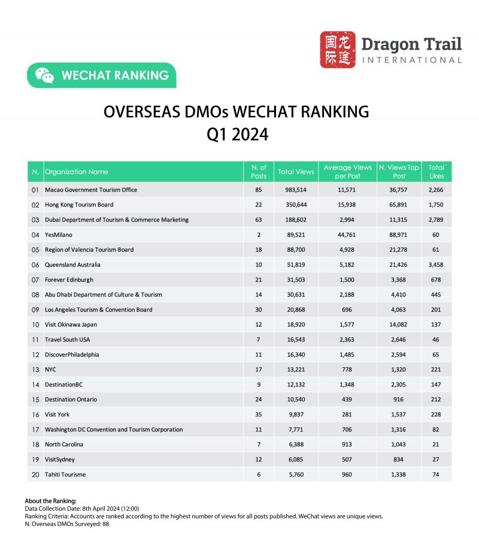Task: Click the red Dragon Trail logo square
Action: click(x=338, y=50)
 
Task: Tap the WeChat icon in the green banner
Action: click(x=44, y=75)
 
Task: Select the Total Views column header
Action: click(x=296, y=172)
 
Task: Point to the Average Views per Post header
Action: click(x=347, y=172)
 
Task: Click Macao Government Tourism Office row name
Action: click(x=91, y=190)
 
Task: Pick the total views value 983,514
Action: click(x=296, y=190)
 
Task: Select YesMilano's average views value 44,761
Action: click(x=347, y=234)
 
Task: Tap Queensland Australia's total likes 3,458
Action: click(x=436, y=264)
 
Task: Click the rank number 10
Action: click(x=35, y=324)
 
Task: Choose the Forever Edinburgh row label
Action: click(x=69, y=279)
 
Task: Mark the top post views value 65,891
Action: click(x=399, y=205)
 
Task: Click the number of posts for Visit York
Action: click(x=259, y=415)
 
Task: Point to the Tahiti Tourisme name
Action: click(x=65, y=474)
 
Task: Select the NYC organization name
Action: click(x=50, y=370)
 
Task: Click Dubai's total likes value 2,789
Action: click(x=436, y=220)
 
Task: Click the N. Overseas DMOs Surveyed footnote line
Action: click(x=66, y=523)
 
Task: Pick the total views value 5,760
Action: click(x=296, y=474)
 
